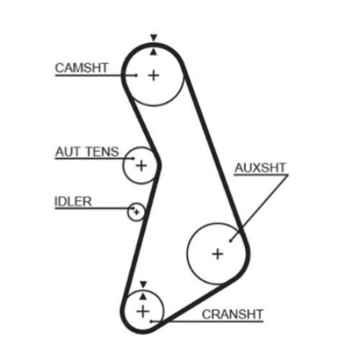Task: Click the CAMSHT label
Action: pos(81,68)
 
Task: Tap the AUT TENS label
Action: pos(87,152)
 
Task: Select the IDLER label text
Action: pos(73,202)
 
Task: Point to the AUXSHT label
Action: pos(261,168)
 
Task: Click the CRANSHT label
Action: pos(233,315)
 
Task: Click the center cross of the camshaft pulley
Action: pos(153,76)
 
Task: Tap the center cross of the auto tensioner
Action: pos(141,166)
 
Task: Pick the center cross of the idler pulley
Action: pos(136,212)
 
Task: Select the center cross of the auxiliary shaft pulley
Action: pos(217,254)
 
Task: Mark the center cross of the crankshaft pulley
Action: pos(143,312)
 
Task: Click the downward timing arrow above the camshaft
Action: pos(153,37)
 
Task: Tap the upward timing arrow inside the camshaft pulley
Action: pos(153,52)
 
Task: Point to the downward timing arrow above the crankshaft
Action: pos(143,284)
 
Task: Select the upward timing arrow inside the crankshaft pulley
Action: pos(143,297)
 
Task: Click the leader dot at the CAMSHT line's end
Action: pos(136,76)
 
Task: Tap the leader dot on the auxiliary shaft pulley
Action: pos(230,240)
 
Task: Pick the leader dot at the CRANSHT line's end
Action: pos(151,321)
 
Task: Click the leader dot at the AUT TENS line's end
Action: pos(133,158)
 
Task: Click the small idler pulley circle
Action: pos(136,203)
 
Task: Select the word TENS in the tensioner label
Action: pos(102,152)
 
